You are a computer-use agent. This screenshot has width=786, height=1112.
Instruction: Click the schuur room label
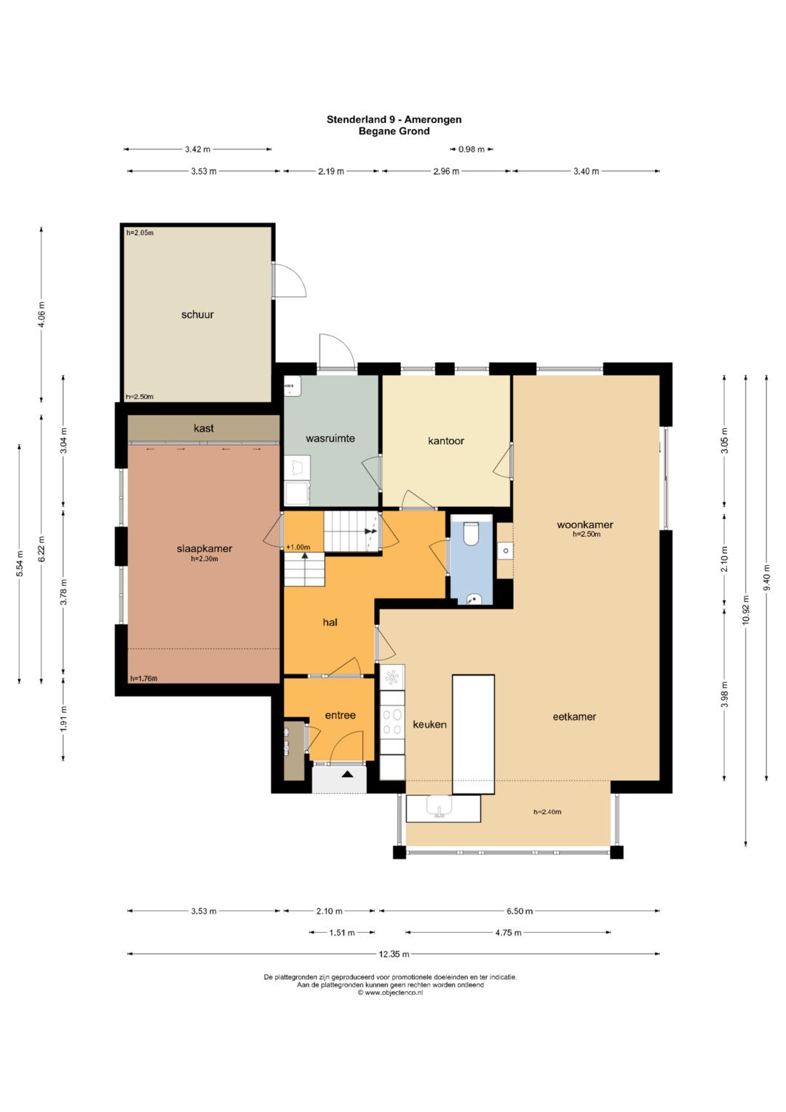(197, 315)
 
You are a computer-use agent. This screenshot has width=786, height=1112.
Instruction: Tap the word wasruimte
(330, 438)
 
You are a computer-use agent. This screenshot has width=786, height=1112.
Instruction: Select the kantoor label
(445, 441)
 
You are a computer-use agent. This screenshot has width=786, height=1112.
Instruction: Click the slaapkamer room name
(205, 548)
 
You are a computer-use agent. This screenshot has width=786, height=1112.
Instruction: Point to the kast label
(204, 428)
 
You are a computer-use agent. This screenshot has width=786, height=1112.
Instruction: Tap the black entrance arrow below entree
(347, 773)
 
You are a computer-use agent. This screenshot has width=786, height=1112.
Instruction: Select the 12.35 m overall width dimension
(394, 954)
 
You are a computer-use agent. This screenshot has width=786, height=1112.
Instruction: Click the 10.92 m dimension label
(745, 610)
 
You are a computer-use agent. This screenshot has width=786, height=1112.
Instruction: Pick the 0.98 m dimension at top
(471, 149)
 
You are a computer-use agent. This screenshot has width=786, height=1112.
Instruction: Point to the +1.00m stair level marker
(298, 547)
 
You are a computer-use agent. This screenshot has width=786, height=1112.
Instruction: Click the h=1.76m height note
(144, 679)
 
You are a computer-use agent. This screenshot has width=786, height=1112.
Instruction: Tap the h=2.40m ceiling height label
(547, 812)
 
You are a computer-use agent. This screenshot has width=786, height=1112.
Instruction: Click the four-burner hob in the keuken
(392, 722)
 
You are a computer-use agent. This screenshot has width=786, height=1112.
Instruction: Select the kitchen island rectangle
(473, 734)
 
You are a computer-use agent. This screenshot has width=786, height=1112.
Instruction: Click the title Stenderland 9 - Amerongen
(394, 119)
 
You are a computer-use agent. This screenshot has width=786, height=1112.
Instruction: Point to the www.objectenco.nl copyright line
(391, 993)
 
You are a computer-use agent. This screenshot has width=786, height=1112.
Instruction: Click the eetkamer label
(574, 717)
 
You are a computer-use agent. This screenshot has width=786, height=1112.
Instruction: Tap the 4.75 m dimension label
(508, 933)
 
